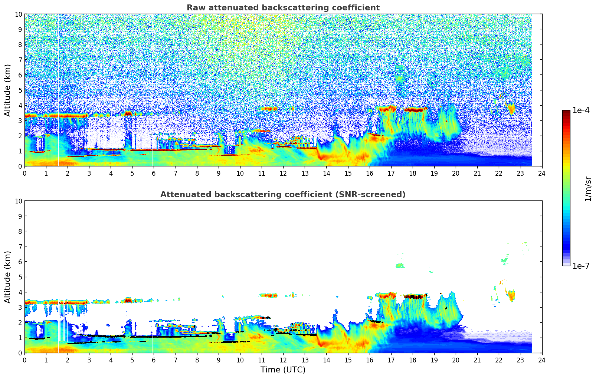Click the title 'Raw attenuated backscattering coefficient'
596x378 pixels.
pos(283,8)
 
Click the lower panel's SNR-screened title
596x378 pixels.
pos(283,195)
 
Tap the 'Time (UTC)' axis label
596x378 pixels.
pos(283,369)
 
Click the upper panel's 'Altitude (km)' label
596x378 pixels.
pos(8,90)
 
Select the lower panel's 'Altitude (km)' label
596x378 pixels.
pos(8,277)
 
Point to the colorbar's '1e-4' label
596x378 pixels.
pos(581,110)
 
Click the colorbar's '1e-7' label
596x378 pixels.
pos(581,266)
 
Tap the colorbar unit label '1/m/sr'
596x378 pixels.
pos(588,188)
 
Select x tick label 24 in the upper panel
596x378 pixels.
pos(542,173)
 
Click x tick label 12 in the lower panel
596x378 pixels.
pos(283,360)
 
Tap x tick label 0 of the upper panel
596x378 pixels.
pos(25,173)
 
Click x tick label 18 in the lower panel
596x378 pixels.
pos(412,360)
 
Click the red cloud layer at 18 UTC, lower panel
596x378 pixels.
pos(414,296)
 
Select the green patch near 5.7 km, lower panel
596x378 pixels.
pos(400,266)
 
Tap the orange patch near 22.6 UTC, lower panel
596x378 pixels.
pos(512,295)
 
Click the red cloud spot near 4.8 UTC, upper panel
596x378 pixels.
pos(128,113)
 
